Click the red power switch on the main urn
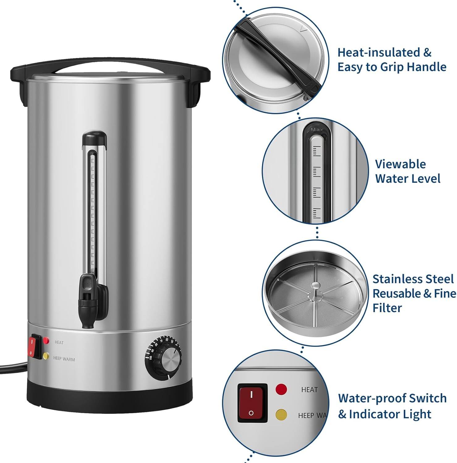point(32,346)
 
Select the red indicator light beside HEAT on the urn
point(46,340)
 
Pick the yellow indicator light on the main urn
point(46,356)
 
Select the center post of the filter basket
point(316,286)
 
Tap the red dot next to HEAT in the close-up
point(281,389)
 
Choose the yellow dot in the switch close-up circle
point(281,414)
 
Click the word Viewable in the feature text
point(400,164)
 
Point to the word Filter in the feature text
point(387,308)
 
